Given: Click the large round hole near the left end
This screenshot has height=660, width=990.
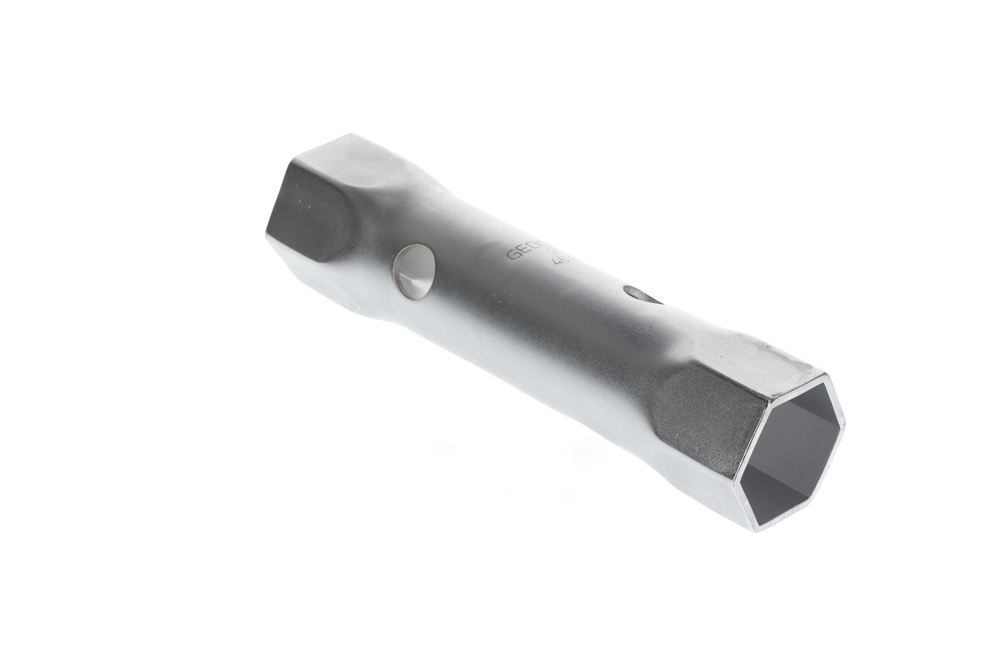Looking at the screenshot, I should (414, 272).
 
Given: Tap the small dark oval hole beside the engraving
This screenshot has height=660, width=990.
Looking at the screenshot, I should (641, 294).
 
